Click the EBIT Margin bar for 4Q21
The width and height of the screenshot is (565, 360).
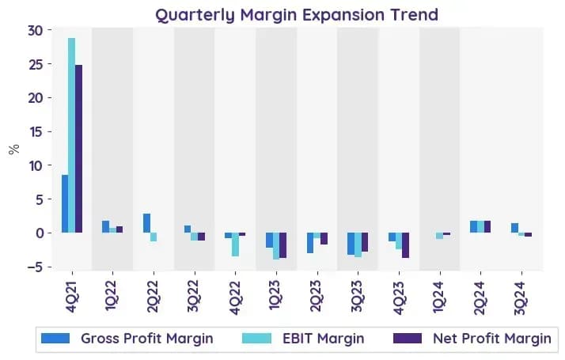coord(72,135)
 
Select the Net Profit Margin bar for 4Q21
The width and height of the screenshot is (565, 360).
coord(78,149)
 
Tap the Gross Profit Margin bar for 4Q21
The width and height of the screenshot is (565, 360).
coord(65,203)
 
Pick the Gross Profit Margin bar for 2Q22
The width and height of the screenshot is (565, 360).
coord(146,223)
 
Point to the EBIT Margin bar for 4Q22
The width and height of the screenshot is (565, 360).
coord(235,244)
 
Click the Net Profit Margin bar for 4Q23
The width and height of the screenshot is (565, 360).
coord(405,245)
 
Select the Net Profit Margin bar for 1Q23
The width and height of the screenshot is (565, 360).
coord(282,245)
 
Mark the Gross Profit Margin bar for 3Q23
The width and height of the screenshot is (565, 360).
coord(351,244)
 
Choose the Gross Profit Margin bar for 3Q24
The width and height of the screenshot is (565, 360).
coord(514,228)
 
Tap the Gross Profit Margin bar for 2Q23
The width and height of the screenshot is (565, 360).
coord(310,243)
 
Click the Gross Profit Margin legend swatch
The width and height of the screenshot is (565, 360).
coord(55,339)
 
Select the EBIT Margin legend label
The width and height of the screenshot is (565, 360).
coord(323,339)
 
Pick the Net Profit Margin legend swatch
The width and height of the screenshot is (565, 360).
coord(408,339)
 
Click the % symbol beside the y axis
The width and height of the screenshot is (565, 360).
coord(14,149)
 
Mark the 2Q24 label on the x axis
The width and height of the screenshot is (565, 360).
coord(480,297)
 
